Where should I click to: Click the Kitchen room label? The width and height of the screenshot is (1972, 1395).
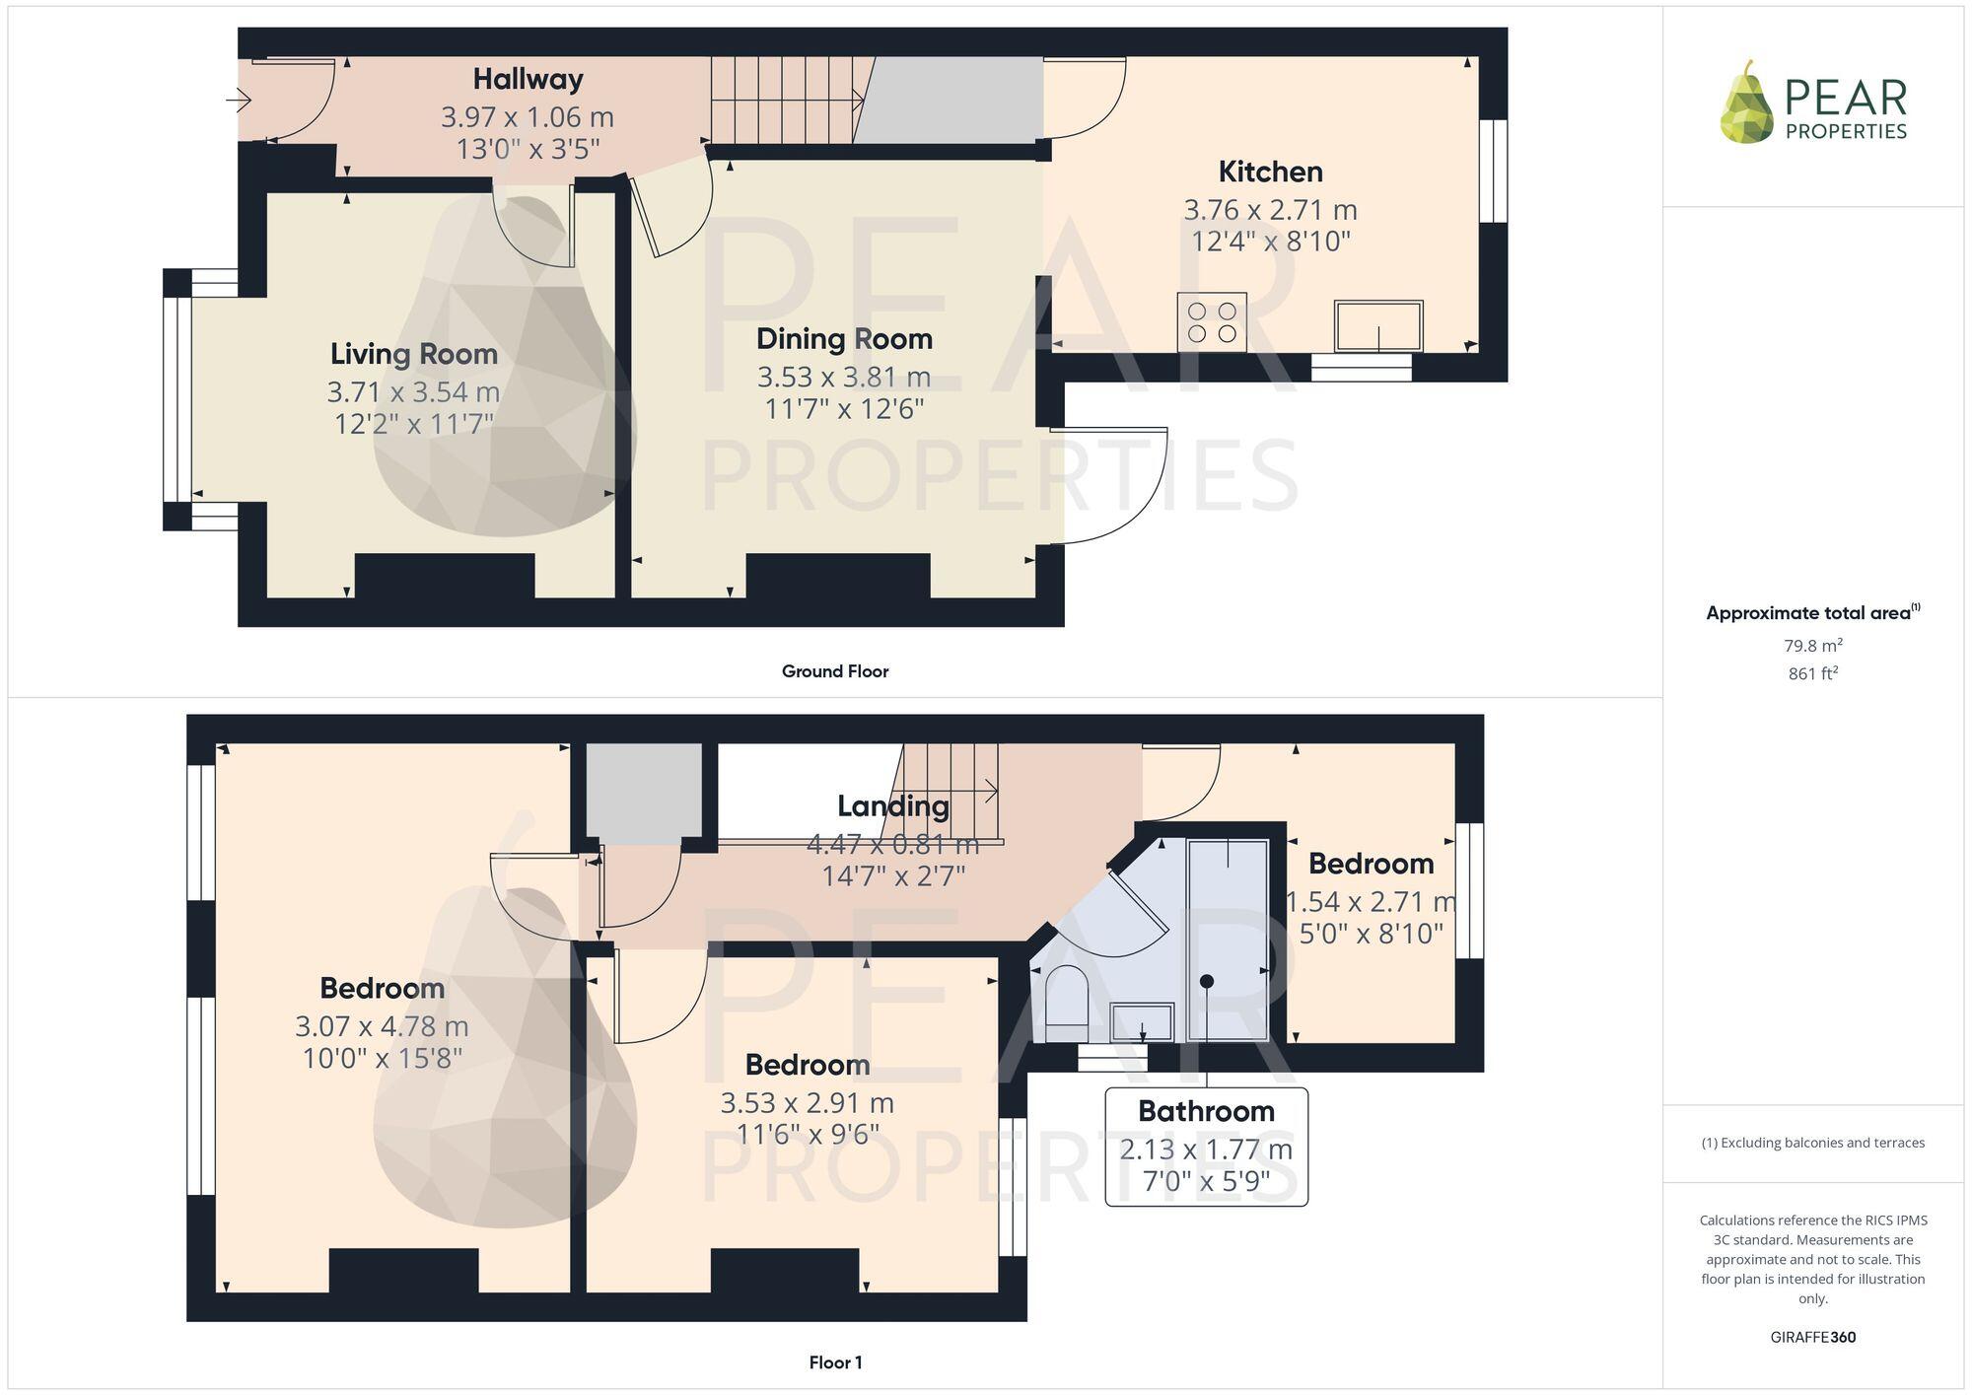(x=1270, y=172)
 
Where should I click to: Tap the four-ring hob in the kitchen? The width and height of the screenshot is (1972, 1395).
(x=1212, y=322)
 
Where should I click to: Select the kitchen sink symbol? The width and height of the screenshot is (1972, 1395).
(x=1377, y=326)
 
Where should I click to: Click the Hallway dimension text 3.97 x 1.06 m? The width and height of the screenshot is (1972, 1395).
(x=528, y=117)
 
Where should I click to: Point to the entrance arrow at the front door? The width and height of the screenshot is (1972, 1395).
(x=240, y=101)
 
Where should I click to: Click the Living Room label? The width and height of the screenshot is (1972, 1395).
(x=413, y=354)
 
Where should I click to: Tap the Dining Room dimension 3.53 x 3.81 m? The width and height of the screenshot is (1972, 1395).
(x=844, y=377)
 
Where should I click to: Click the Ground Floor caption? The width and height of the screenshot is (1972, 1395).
(x=835, y=671)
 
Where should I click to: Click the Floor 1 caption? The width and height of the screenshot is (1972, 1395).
(x=835, y=1362)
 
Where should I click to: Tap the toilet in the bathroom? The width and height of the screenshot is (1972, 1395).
(x=1066, y=1003)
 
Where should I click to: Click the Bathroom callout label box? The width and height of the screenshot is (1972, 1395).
(x=1206, y=1147)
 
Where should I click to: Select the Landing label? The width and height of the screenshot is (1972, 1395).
(x=892, y=806)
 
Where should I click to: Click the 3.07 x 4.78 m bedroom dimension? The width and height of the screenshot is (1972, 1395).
(x=382, y=1026)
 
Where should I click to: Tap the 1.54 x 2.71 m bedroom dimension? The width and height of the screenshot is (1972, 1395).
(x=1371, y=902)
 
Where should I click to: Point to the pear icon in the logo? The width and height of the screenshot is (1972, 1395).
(x=1746, y=105)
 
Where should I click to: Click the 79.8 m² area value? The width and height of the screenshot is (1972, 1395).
(x=1812, y=646)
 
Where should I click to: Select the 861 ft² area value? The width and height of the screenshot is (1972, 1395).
(x=1812, y=674)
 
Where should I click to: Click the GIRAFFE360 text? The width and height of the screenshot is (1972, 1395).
(x=1812, y=1338)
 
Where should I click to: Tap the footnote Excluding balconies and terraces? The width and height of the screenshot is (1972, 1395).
(x=1812, y=1143)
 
